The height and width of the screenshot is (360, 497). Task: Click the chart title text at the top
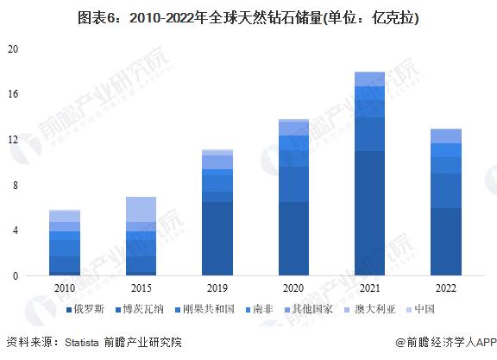pyautogui.click(x=248, y=17)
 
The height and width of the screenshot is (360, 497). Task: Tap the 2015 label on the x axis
pyautogui.click(x=142, y=287)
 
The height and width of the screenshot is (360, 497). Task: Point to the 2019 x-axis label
pyautogui.click(x=217, y=287)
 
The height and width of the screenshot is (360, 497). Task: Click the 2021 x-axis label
pyautogui.click(x=369, y=287)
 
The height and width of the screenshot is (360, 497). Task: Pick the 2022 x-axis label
pyautogui.click(x=445, y=287)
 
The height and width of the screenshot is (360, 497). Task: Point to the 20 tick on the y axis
pyautogui.click(x=12, y=49)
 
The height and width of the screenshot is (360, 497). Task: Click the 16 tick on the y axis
pyautogui.click(x=12, y=94)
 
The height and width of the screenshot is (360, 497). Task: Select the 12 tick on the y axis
pyautogui.click(x=12, y=140)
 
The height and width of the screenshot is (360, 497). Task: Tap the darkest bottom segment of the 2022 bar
pyautogui.click(x=445, y=242)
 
